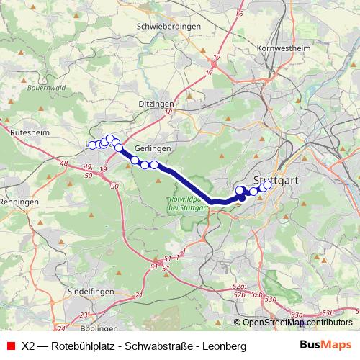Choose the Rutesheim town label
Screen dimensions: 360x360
coord(29,132)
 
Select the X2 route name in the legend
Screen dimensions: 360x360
coord(28,346)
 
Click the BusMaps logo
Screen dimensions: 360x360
coord(325,346)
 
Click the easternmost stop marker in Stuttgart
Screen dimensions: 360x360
coord(268,184)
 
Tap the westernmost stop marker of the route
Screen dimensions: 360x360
coord(91,145)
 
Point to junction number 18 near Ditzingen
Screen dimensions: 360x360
coord(168,112)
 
